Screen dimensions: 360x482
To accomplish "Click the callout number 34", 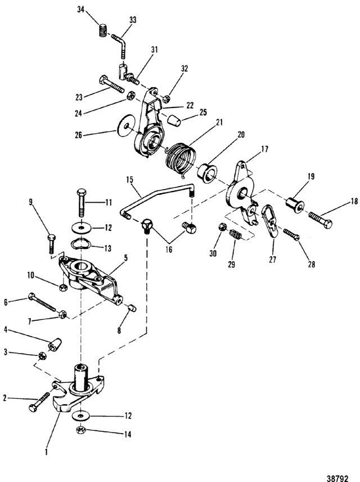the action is (81, 10).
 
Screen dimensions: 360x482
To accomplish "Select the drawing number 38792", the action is (337, 479).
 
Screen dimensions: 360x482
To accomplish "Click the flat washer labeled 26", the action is (125, 126).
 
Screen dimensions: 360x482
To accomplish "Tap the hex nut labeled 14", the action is (81, 430).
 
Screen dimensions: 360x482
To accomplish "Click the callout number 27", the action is (272, 260).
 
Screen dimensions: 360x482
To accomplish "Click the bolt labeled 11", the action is (81, 203).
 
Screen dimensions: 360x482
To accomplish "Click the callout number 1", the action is (46, 452).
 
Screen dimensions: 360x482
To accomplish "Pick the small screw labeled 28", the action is (291, 235).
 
